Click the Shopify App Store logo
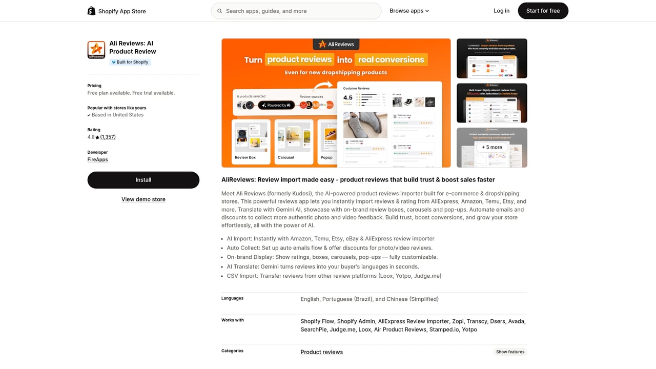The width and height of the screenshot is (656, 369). (117, 11)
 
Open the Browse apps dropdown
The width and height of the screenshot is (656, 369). (409, 11)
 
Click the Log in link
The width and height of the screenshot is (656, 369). (501, 11)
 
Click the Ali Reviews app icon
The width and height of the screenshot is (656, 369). (96, 50)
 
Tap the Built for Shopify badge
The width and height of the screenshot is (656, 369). (130, 62)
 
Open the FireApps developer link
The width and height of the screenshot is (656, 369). (97, 159)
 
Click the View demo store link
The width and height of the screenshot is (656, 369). (143, 199)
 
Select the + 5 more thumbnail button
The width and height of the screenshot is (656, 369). (491, 147)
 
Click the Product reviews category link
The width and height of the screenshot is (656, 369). (321, 352)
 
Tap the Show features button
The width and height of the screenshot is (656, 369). (510, 352)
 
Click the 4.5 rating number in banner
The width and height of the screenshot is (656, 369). (348, 98)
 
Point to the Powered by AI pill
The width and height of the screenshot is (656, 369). (276, 105)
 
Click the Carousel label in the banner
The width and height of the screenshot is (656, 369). (286, 157)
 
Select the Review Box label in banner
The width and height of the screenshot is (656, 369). (245, 157)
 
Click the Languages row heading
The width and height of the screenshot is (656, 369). (232, 298)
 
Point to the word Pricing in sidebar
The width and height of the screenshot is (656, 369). (94, 86)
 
